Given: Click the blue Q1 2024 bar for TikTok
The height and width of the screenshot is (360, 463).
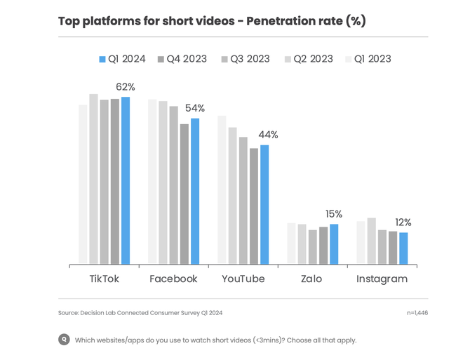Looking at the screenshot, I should coord(126,181).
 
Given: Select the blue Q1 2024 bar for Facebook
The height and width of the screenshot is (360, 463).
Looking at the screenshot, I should coord(195,192).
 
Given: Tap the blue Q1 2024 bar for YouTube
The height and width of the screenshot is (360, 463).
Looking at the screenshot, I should coord(264,205).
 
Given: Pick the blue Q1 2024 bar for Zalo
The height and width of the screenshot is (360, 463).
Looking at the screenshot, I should coord(334,244).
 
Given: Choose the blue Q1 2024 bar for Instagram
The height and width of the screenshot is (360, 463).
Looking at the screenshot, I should coord(403,248).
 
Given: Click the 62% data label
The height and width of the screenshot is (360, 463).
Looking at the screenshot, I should coord(126,87).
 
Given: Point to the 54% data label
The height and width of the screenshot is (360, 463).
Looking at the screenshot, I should coord(195,108).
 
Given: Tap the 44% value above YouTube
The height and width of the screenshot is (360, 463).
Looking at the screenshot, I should coord(268,135).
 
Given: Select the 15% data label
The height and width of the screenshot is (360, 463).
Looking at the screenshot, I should coord(334,214).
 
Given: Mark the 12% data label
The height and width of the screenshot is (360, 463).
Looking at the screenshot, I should coord(403,222).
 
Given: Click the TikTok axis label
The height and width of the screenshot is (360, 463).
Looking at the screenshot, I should coord(104,279).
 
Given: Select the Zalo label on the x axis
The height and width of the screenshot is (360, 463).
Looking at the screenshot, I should coord(311,279).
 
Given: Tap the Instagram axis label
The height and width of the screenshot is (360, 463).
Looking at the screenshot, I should coord(382,279).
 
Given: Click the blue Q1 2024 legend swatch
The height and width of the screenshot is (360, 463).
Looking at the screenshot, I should coord(102,60).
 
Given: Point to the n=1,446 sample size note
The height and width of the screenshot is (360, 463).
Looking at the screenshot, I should coord(417,313).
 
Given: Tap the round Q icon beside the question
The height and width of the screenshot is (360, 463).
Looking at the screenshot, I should coord(64,340).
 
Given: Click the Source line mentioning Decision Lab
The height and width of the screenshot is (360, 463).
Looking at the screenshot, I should coord(140,313).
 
